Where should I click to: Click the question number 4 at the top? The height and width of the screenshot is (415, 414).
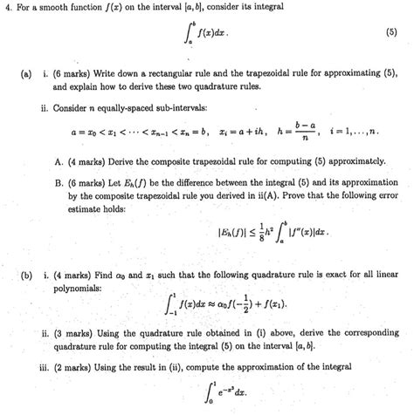pos(7,9)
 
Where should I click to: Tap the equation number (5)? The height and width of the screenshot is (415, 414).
pos(397,37)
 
